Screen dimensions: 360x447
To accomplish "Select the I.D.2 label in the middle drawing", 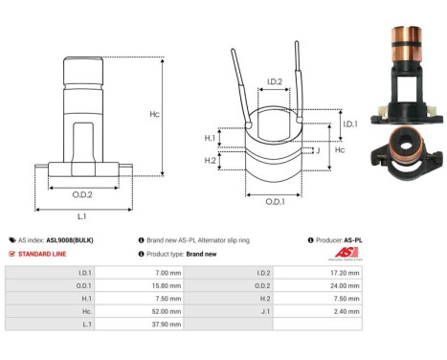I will [x=273, y=82].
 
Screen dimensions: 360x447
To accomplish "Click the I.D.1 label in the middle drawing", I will [x=350, y=124].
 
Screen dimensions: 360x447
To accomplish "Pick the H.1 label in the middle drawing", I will [x=211, y=138].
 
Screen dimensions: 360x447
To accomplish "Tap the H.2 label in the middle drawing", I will [x=211, y=160].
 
